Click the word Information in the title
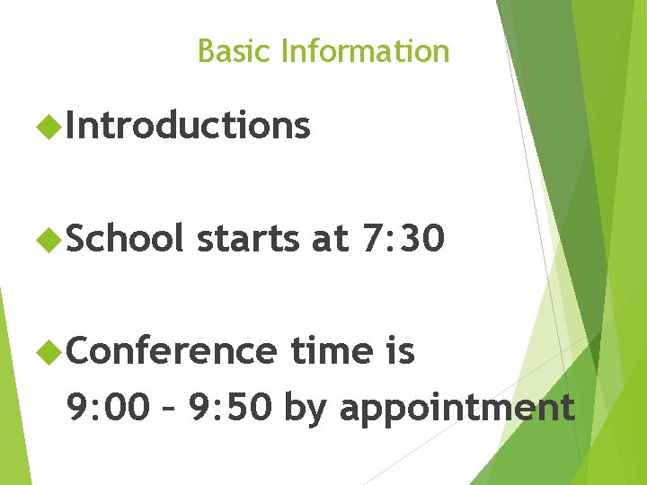[364, 51]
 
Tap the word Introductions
[188, 126]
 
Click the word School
[124, 238]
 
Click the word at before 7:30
[328, 239]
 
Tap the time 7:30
[403, 239]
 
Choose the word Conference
[170, 350]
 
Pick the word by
[306, 409]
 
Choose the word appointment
[456, 409]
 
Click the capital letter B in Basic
[205, 51]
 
